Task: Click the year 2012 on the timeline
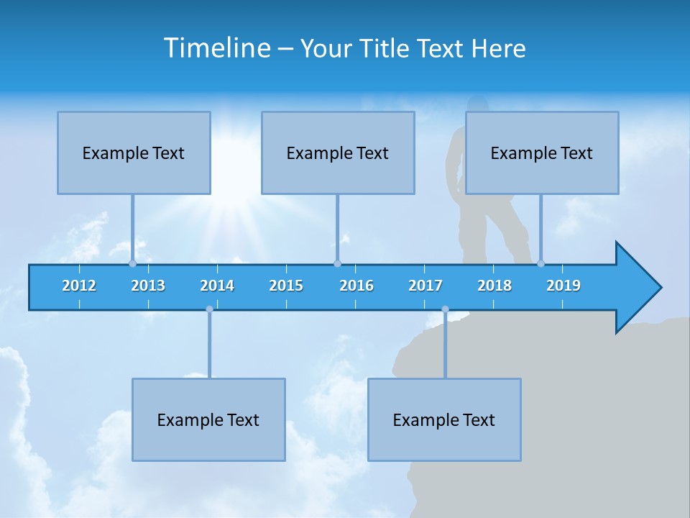click(79, 286)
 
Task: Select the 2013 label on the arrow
click(148, 286)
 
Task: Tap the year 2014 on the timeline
click(217, 286)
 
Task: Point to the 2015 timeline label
click(286, 286)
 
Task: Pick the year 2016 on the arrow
click(356, 286)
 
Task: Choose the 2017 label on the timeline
click(425, 286)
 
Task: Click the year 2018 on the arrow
click(494, 286)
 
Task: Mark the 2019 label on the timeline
click(563, 286)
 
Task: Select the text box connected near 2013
click(134, 153)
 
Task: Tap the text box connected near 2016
click(338, 153)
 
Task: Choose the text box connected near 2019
click(542, 153)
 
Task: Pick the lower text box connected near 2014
click(208, 419)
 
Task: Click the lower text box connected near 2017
click(444, 419)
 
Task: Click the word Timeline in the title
click(216, 47)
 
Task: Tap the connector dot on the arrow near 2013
click(132, 263)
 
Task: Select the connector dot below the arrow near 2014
click(209, 309)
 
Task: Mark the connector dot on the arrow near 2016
click(337, 263)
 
